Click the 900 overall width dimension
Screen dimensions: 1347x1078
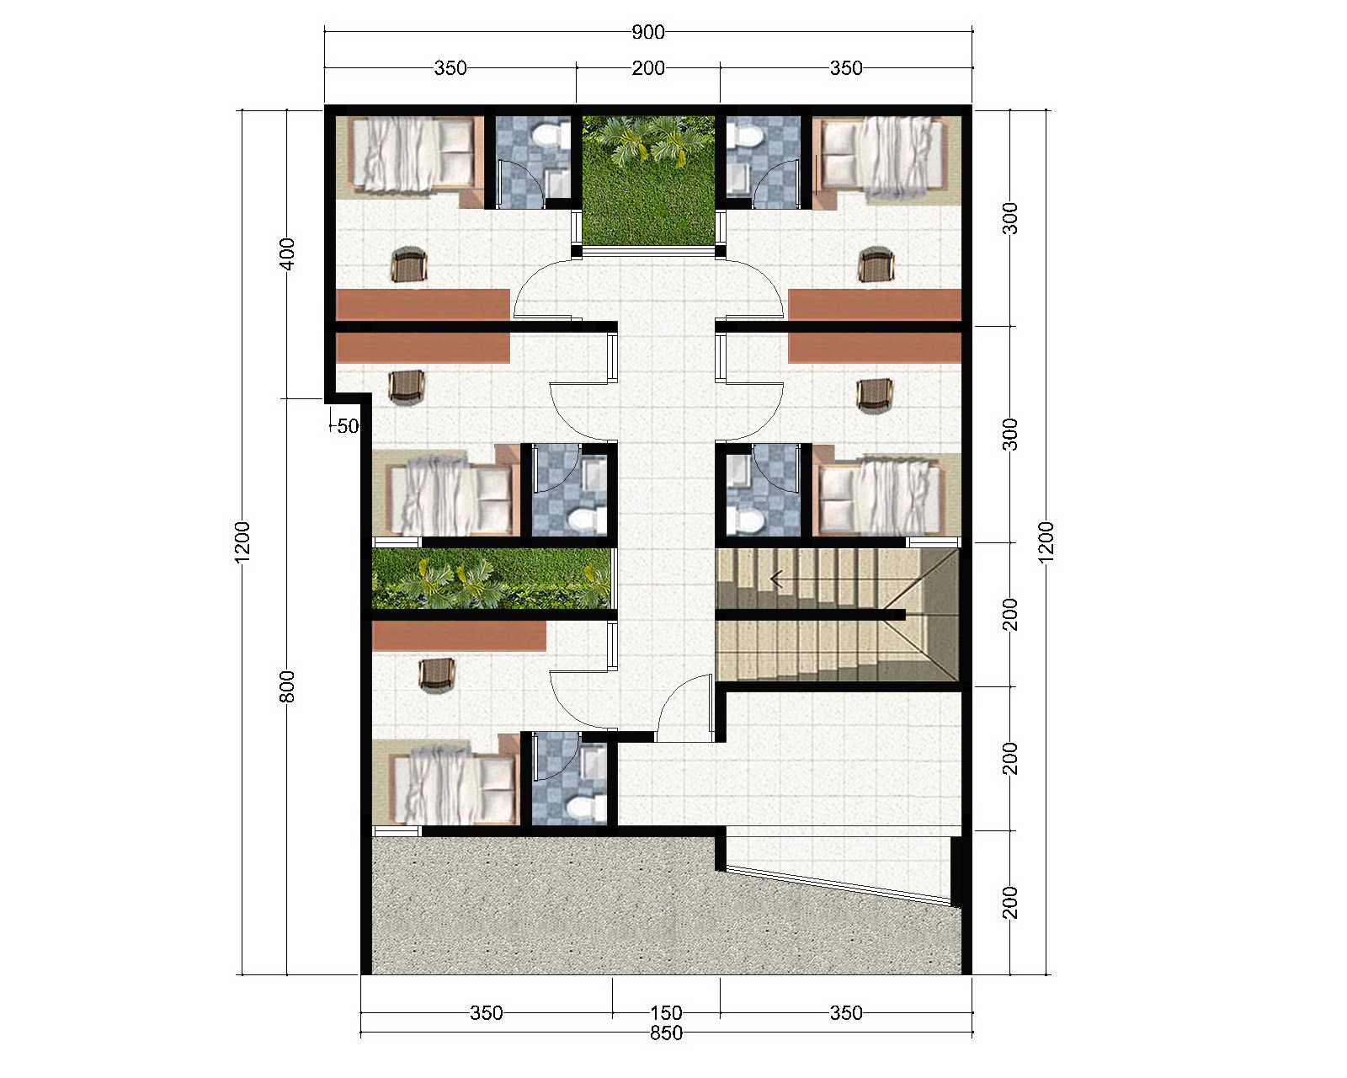pos(648,32)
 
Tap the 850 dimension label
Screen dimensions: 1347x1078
pos(666,1033)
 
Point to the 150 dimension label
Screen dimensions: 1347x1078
pos(666,1013)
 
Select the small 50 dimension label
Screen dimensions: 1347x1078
pos(348,426)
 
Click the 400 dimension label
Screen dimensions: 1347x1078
pos(287,253)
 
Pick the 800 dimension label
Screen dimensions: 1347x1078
pos(287,686)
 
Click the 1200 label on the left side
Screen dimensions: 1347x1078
pos(242,542)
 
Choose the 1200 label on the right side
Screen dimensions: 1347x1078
pos(1046,542)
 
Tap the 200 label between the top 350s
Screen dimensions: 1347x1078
pos(648,67)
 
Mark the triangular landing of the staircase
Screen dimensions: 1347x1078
pos(933,614)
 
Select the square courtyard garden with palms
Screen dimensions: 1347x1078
pos(648,180)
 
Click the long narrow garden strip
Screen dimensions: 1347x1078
pos(492,579)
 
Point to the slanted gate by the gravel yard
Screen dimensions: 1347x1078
pos(838,885)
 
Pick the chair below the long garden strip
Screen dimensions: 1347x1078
pos(436,675)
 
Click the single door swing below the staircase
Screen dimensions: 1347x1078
pos(685,707)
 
